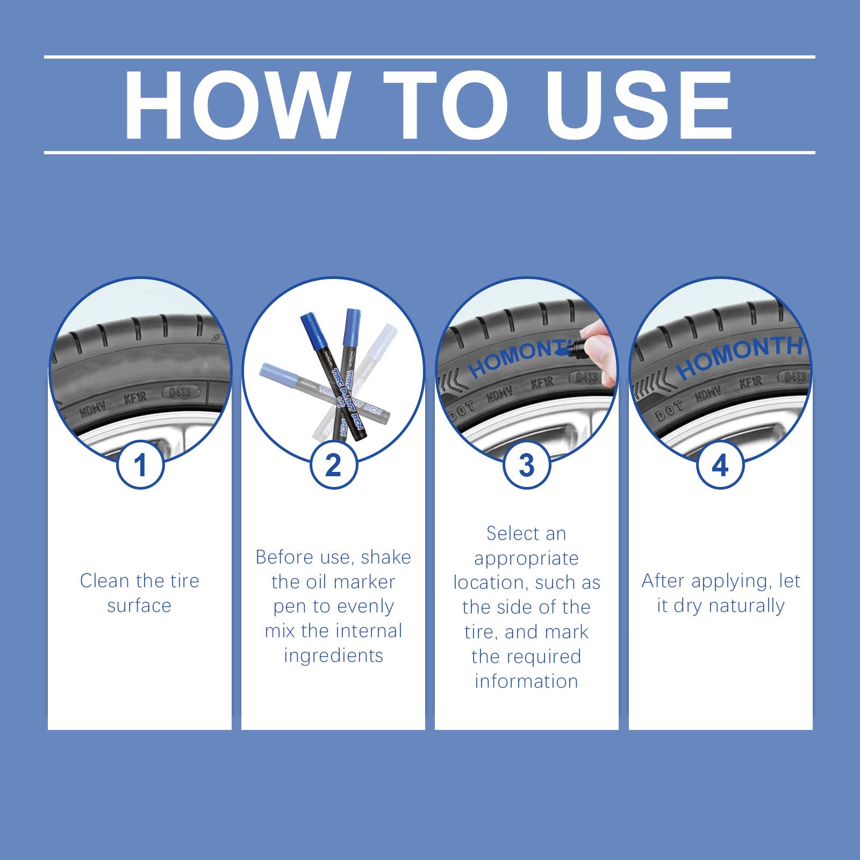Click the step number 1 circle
click(140, 465)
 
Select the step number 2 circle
click(333, 465)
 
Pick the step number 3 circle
click(527, 465)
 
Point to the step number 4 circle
click(720, 465)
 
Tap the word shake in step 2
click(385, 557)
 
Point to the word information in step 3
click(526, 681)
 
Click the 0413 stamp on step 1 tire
click(180, 391)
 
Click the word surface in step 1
click(139, 606)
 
